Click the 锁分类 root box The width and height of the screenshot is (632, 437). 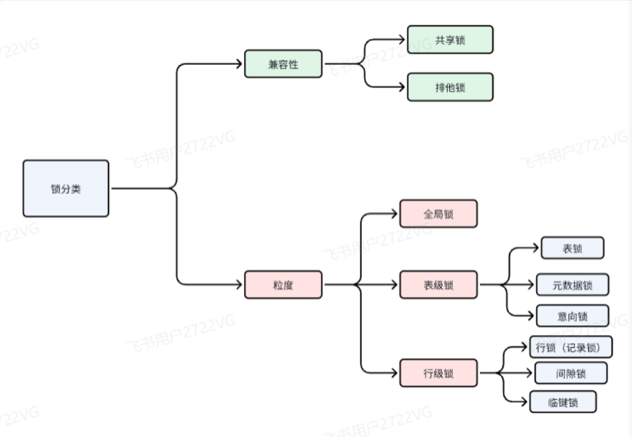pyautogui.click(x=66, y=189)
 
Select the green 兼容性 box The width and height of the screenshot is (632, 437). pyautogui.click(x=283, y=64)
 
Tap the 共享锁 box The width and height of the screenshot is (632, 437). pyautogui.click(x=450, y=40)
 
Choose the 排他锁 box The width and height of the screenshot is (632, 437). pyautogui.click(x=450, y=87)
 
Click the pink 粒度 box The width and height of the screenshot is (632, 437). pyautogui.click(x=283, y=285)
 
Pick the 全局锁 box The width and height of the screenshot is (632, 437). pyautogui.click(x=438, y=214)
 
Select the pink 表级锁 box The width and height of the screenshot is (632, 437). pyautogui.click(x=438, y=285)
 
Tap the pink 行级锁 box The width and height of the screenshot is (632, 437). pyautogui.click(x=438, y=373)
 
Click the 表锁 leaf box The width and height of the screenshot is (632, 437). pyautogui.click(x=572, y=248)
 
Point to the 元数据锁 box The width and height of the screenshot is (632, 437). pyautogui.click(x=572, y=285)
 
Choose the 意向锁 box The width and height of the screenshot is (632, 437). pyautogui.click(x=572, y=316)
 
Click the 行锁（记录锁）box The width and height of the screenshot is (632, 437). pyautogui.click(x=570, y=347)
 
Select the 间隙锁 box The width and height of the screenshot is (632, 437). pyautogui.click(x=570, y=373)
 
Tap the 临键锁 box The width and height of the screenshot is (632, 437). pyautogui.click(x=563, y=402)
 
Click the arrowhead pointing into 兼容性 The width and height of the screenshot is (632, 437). pyautogui.click(x=240, y=64)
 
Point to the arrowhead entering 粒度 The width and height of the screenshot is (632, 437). pyautogui.click(x=240, y=285)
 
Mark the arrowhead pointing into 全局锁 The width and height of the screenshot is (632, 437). pyautogui.click(x=395, y=214)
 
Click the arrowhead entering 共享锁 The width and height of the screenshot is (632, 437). pyautogui.click(x=402, y=40)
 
